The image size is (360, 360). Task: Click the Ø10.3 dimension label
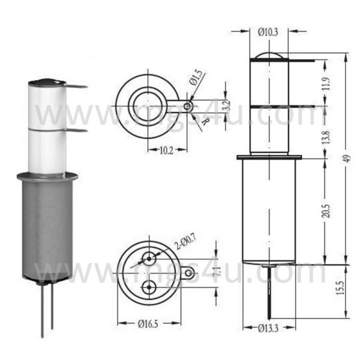pos(268,32)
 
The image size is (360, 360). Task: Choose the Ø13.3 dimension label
pos(269,327)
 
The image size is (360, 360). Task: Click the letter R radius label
pos(206,121)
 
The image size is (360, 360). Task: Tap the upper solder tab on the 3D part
pos(75,86)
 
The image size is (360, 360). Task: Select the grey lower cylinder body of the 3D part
pos(47,228)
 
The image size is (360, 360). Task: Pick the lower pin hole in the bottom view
pos(148,287)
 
